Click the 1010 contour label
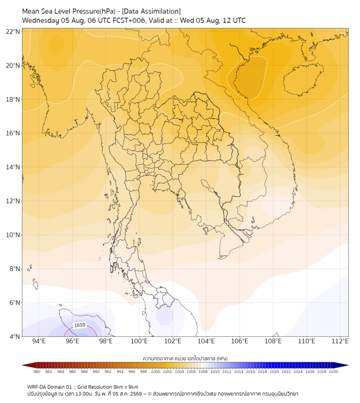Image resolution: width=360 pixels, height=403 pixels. [79, 325]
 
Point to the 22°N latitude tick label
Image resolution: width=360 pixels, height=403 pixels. [13, 31]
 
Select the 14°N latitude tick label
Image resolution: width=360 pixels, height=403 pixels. [13, 167]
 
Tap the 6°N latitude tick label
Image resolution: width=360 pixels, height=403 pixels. [14, 302]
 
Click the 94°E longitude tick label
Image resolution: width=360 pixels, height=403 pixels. [39, 341]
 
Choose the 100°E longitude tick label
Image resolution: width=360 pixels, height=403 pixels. [139, 341]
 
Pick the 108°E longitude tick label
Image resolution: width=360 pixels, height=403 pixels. [273, 341]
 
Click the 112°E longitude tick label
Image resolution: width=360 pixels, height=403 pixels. [340, 341]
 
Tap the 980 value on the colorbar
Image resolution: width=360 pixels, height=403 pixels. [37, 372]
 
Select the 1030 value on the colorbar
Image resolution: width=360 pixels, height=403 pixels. [333, 372]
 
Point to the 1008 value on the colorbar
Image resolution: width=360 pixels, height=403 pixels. [203, 372]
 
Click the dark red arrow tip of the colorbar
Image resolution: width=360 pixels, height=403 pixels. [23, 365]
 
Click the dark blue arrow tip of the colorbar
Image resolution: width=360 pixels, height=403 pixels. [348, 365]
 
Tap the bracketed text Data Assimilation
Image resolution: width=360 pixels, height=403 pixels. [151, 11]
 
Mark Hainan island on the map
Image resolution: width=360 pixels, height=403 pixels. [303, 79]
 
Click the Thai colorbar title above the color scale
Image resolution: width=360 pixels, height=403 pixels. [185, 358]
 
